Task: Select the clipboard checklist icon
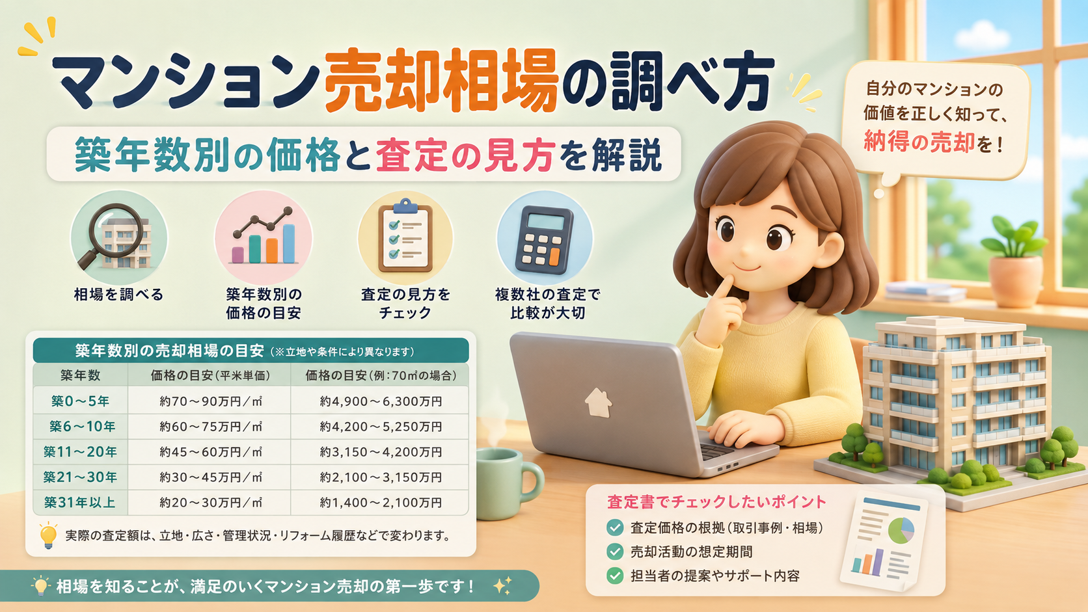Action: pyautogui.click(x=405, y=235)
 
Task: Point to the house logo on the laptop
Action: pyautogui.click(x=599, y=403)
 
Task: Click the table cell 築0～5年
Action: pyautogui.click(x=80, y=401)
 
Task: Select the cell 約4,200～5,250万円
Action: pyautogui.click(x=380, y=427)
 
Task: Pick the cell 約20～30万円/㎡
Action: pyautogui.click(x=210, y=502)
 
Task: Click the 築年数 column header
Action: pyautogui.click(x=80, y=375)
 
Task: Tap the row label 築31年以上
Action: pyautogui.click(x=80, y=502)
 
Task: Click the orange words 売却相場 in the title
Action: pyautogui.click(x=441, y=81)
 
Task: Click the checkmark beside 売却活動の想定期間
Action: pyautogui.click(x=615, y=552)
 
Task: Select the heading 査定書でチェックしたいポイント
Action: pyautogui.click(x=716, y=502)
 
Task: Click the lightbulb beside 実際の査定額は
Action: pyautogui.click(x=48, y=536)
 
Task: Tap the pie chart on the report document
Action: pyautogui.click(x=901, y=531)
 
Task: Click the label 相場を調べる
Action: pyautogui.click(x=118, y=295)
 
